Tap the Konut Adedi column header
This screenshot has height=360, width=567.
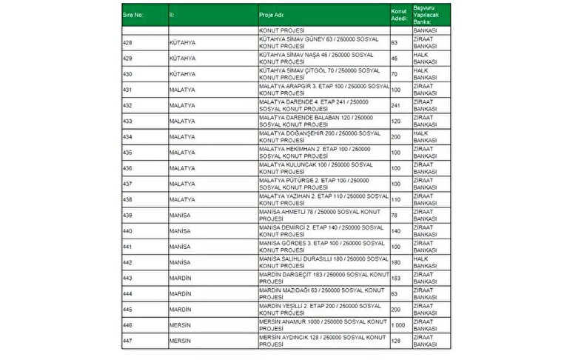click(x=399, y=14)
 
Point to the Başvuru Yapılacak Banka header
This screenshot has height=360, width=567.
click(x=426, y=14)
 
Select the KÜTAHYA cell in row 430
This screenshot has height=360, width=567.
click(x=182, y=74)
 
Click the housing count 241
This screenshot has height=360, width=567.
click(x=395, y=105)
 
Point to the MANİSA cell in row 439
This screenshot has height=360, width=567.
click(x=180, y=215)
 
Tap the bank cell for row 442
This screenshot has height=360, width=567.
click(x=425, y=261)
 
